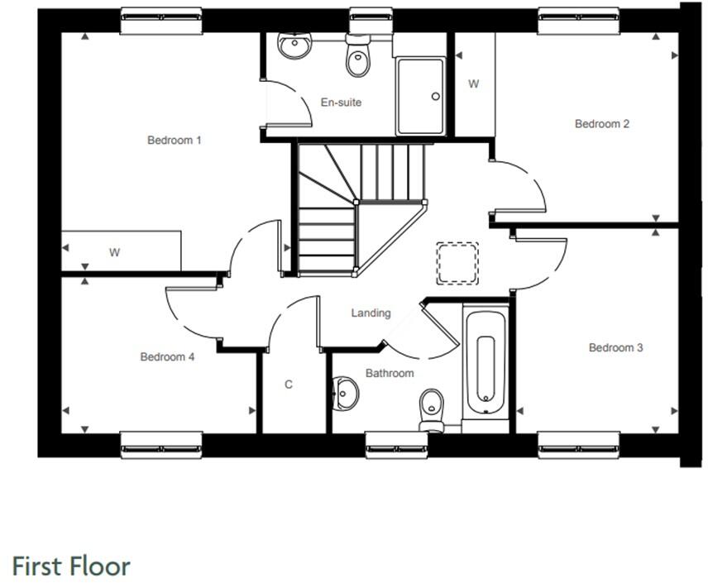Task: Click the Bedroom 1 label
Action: click(174, 140)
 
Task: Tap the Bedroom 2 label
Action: click(602, 124)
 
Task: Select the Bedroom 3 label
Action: click(615, 348)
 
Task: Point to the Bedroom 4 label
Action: click(167, 357)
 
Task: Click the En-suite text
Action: click(341, 103)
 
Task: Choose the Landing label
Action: click(371, 313)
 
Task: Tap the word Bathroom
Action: click(390, 373)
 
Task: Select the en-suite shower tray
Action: click(420, 95)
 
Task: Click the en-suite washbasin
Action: click(294, 46)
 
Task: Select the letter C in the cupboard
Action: click(289, 385)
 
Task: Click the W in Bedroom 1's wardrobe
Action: click(114, 253)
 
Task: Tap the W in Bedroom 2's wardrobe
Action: click(474, 84)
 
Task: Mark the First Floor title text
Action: click(71, 566)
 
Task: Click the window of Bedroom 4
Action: click(161, 445)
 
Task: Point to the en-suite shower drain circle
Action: click(436, 97)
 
